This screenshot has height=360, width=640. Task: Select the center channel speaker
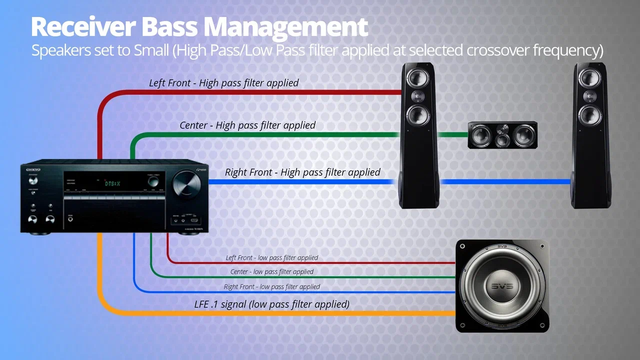pyautogui.click(x=502, y=135)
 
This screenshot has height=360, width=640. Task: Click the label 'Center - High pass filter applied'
pyautogui.click(x=247, y=125)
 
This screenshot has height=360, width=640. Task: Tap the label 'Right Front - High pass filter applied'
pyautogui.click(x=302, y=172)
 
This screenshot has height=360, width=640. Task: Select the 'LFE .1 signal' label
pyautogui.click(x=271, y=305)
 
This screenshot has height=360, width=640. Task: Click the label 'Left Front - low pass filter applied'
pyautogui.click(x=272, y=258)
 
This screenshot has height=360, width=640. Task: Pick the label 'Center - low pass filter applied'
pyautogui.click(x=272, y=271)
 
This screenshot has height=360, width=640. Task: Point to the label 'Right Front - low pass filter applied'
pyautogui.click(x=272, y=286)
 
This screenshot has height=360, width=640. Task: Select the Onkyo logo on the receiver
pyautogui.click(x=30, y=169)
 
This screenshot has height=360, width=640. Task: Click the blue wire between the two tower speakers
pyautogui.click(x=507, y=182)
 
